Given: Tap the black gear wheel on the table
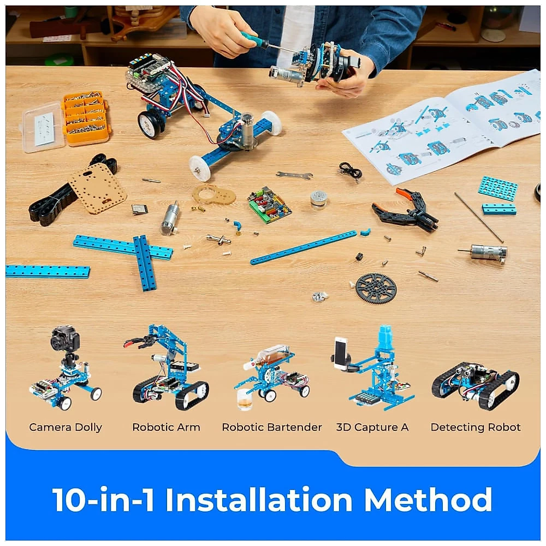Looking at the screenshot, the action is pyautogui.click(x=376, y=288).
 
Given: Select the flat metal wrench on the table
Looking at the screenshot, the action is pyautogui.click(x=294, y=175).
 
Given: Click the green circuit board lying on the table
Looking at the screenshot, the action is pyautogui.click(x=269, y=205).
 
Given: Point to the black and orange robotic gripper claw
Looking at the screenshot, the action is pyautogui.click(x=405, y=210).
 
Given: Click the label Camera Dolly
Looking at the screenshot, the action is pyautogui.click(x=66, y=427).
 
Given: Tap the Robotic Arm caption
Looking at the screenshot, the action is pyautogui.click(x=166, y=427).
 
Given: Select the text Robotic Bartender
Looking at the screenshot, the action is pyautogui.click(x=271, y=427).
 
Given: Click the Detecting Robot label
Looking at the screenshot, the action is pyautogui.click(x=476, y=427).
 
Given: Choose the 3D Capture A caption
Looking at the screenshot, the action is pyautogui.click(x=372, y=427).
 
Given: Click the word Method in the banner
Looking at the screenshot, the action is pyautogui.click(x=428, y=500).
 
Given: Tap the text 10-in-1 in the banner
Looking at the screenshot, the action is pyautogui.click(x=103, y=500).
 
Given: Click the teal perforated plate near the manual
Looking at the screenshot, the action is pyautogui.click(x=497, y=188).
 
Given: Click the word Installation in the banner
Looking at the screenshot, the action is pyautogui.click(x=259, y=500).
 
